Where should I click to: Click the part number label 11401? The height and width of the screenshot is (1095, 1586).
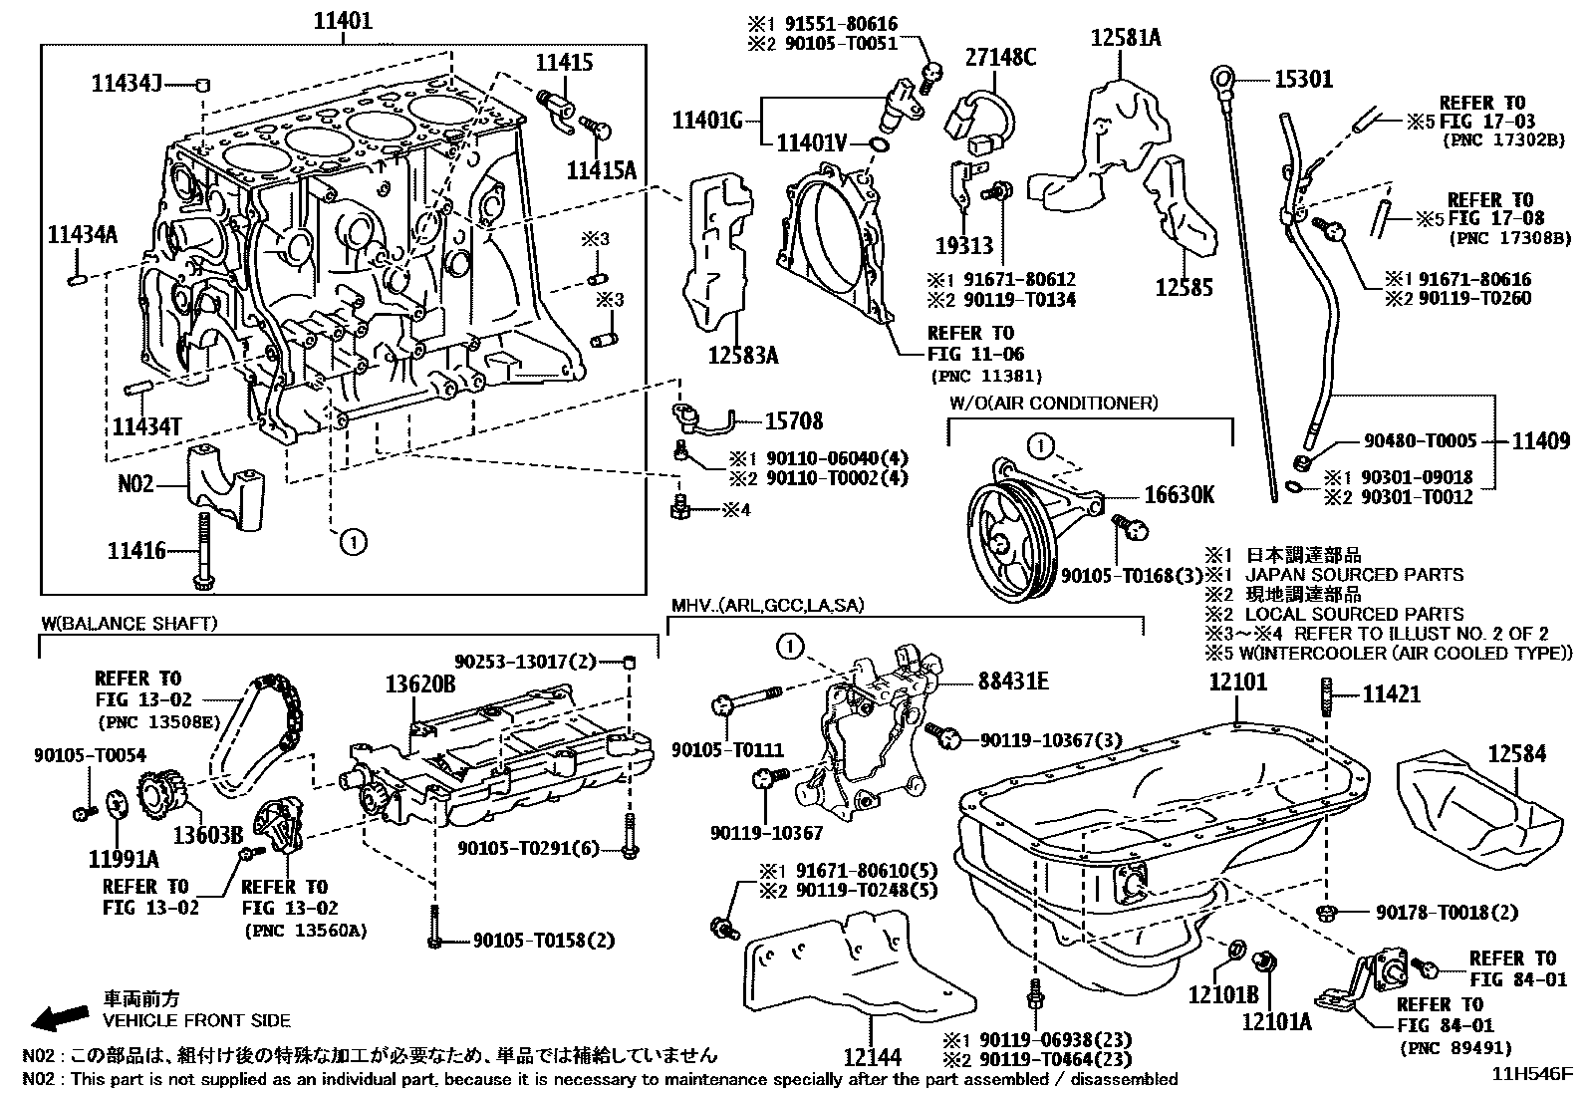tap(344, 20)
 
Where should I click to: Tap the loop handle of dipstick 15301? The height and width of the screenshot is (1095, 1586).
tap(1222, 76)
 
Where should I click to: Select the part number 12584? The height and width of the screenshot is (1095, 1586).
tap(1517, 753)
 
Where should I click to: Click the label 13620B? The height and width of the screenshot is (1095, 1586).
tap(420, 684)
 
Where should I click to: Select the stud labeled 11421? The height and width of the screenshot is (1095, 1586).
tap(1328, 693)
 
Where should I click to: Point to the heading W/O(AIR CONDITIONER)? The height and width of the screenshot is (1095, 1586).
tap(1053, 403)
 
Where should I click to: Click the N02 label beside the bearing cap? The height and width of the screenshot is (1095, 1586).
tap(136, 484)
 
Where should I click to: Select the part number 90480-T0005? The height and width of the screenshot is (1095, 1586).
tap(1420, 440)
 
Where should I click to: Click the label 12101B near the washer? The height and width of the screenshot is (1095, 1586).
tap(1222, 994)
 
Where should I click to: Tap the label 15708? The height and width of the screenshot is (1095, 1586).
tap(793, 420)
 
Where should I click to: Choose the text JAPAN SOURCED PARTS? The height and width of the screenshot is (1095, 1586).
tap(1354, 575)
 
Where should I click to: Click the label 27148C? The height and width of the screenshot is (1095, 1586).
tap(1000, 57)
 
